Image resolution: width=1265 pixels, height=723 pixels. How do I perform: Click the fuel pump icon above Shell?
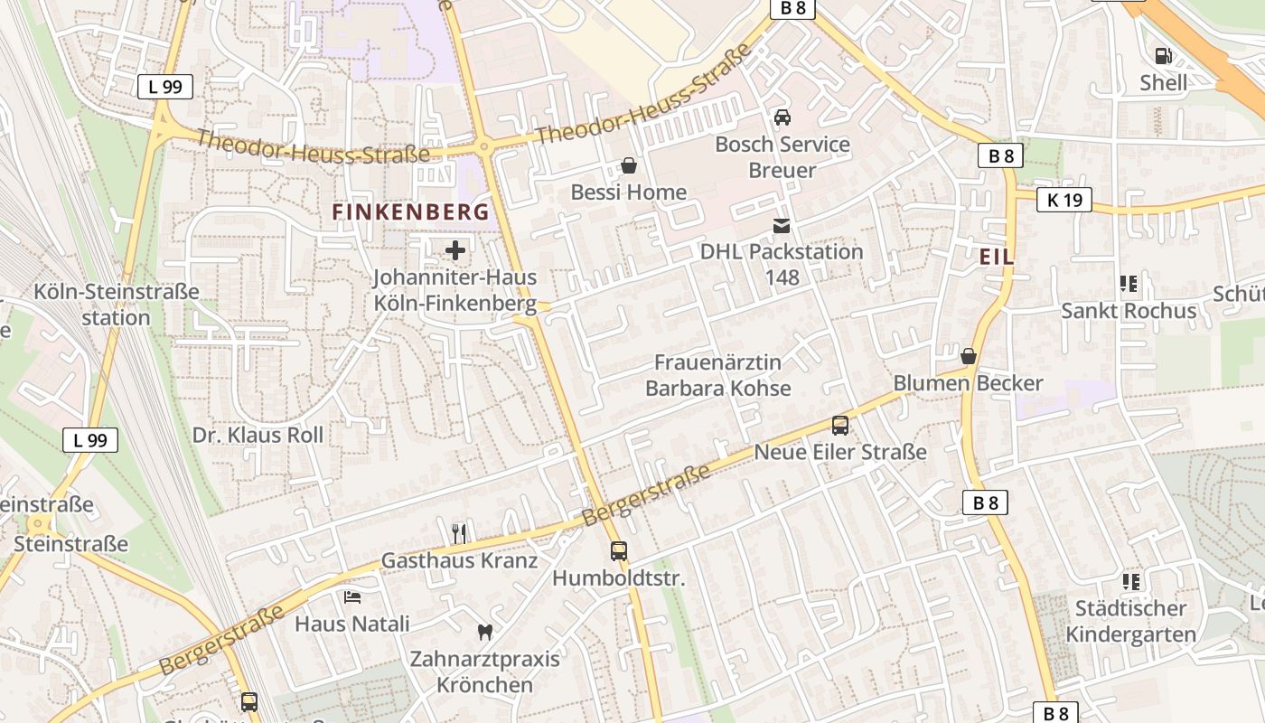point(1163,56)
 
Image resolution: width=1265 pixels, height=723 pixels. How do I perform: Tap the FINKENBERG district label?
point(410,212)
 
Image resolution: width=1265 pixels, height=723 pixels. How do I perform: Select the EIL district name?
point(997,257)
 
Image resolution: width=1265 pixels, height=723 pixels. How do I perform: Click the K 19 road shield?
point(1064,200)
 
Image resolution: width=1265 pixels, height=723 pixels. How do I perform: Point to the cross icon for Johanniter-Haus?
point(455,250)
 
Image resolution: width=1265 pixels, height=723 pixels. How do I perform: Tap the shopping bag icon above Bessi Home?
point(629,165)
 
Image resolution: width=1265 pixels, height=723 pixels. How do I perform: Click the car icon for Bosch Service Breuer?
point(782,117)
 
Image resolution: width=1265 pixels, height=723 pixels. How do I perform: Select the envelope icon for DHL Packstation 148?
point(782,225)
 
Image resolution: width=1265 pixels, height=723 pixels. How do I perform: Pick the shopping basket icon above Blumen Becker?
point(969,356)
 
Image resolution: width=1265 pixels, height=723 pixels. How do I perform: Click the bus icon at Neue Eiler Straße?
point(840,426)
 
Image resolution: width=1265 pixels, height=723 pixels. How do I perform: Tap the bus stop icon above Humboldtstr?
point(619,550)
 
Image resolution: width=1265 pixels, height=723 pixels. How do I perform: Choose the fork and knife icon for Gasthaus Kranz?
point(459,533)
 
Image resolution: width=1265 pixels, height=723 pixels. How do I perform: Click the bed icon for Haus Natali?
point(352,597)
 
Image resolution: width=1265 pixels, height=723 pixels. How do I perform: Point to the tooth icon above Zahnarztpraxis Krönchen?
point(484,633)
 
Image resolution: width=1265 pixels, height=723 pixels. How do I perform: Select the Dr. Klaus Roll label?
point(258,435)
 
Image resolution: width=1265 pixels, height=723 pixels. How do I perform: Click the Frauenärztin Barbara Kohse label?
point(717,375)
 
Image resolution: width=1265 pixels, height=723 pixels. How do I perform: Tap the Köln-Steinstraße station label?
point(116,305)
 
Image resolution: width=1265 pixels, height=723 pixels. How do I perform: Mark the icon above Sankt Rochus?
point(1128,284)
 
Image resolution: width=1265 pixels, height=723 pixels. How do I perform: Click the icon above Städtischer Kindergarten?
point(1130,581)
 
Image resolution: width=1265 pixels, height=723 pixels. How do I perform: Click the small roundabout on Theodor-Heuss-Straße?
point(483,146)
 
